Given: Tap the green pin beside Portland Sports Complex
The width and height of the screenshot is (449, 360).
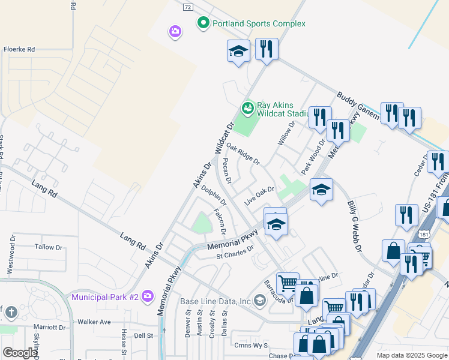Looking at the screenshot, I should [x=203, y=23].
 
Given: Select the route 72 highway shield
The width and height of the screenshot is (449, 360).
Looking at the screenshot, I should [x=188, y=7].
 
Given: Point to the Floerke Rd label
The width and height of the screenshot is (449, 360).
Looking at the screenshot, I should [x=20, y=49].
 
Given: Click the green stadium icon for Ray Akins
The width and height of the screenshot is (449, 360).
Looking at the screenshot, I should [x=247, y=108].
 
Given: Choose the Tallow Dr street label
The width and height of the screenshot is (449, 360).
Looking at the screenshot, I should [x=49, y=247].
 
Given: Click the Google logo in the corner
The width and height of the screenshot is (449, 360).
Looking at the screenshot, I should [x=20, y=353].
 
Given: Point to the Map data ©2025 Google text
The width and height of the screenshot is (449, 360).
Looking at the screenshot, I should [x=411, y=355].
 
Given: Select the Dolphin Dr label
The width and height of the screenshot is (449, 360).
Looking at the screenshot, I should [x=214, y=198].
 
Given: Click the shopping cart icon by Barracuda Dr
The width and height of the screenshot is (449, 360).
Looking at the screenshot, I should [x=288, y=282].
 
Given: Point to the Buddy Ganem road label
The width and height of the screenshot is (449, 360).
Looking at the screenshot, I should [x=355, y=104].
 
